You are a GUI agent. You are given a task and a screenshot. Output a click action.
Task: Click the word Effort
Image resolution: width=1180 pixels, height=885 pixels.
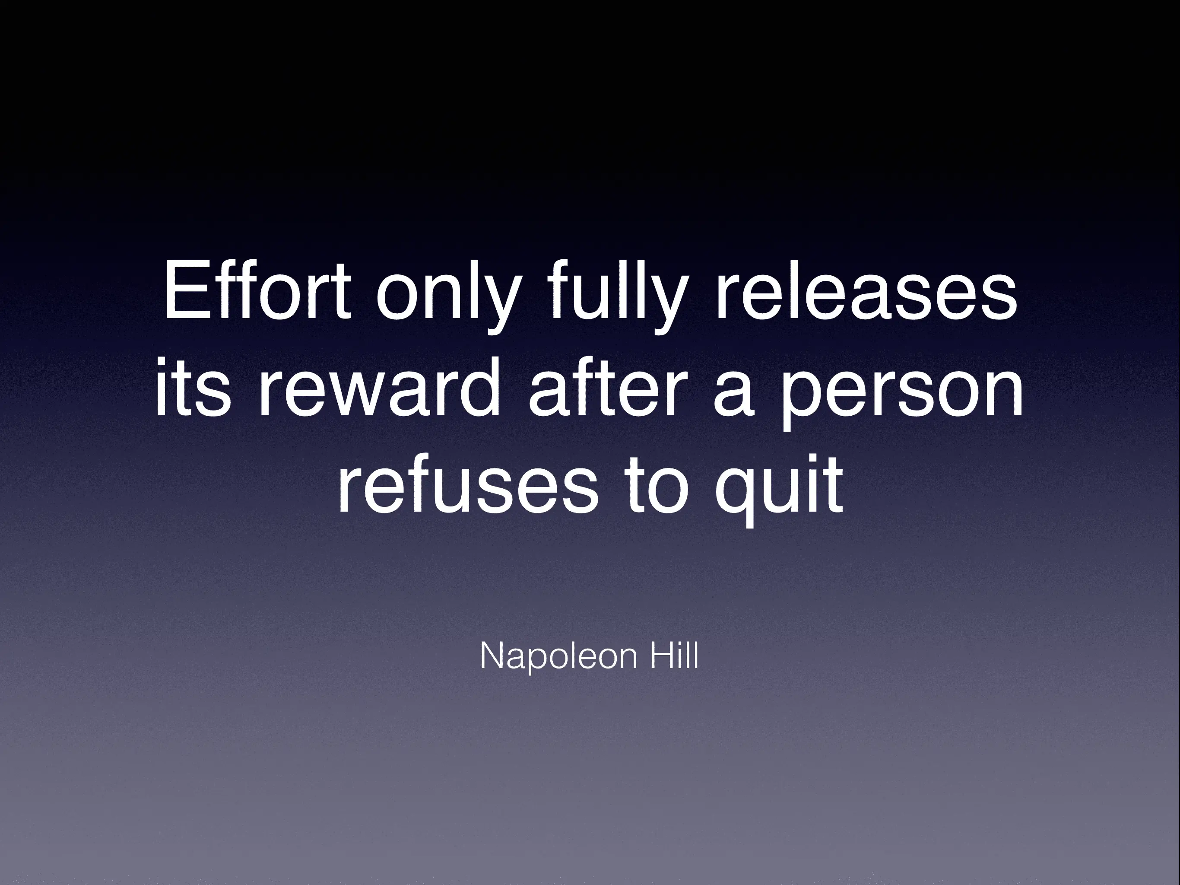[x=257, y=290]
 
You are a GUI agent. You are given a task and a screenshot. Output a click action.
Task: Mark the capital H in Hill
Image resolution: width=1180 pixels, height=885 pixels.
[x=662, y=656]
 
